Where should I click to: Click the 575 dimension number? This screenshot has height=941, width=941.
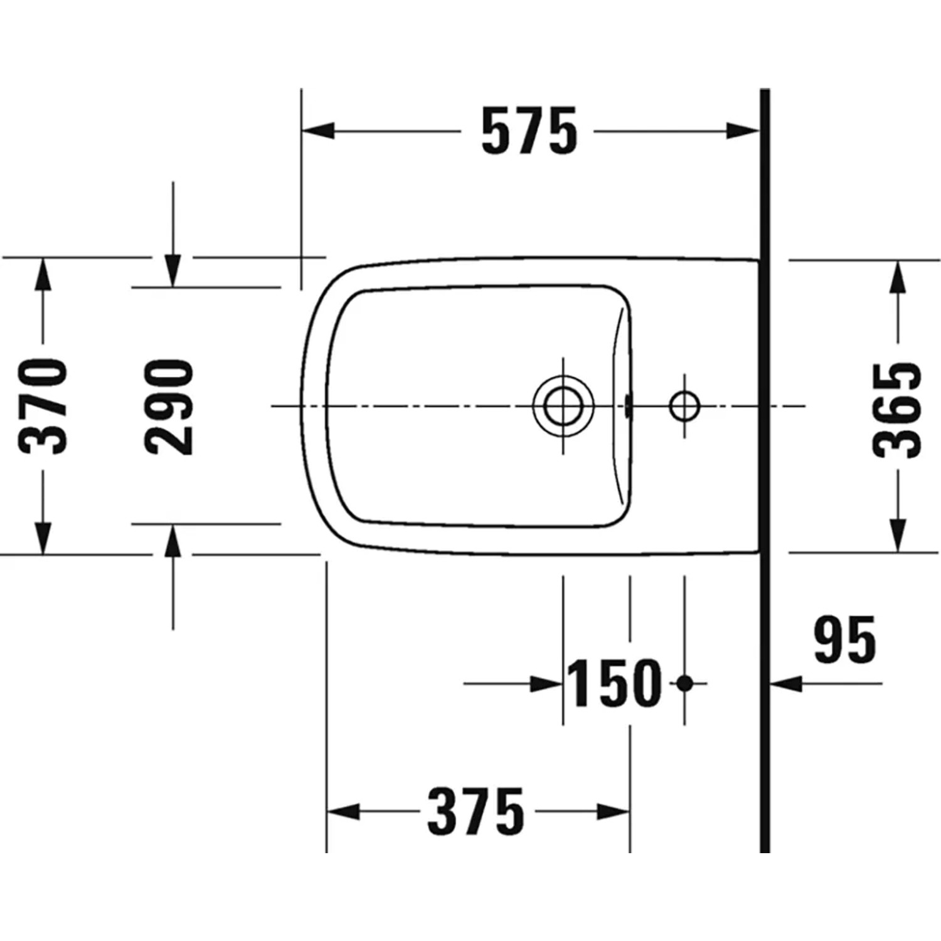(529, 132)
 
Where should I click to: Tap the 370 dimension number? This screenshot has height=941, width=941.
(43, 406)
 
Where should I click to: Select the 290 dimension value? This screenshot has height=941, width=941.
(169, 407)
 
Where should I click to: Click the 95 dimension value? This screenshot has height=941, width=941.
(844, 639)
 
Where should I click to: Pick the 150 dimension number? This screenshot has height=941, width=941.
(614, 683)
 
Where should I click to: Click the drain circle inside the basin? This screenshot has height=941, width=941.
(563, 406)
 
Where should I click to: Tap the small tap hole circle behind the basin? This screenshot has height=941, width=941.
(684, 406)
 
